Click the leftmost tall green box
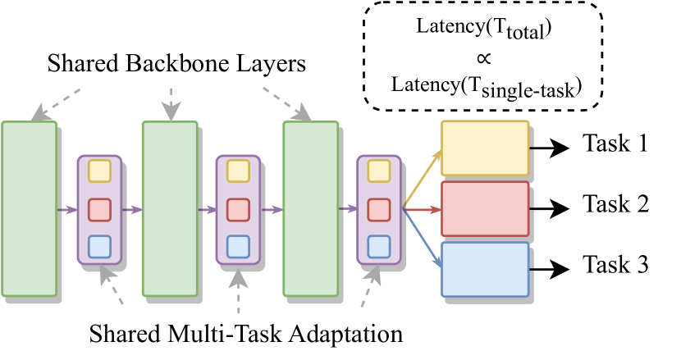pyautogui.click(x=29, y=209)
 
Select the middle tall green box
pyautogui.click(x=170, y=209)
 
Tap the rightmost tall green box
pyautogui.click(x=311, y=209)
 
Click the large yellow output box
pyautogui.click(x=485, y=148)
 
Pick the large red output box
pyautogui.click(x=485, y=209)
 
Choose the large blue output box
pyautogui.click(x=485, y=270)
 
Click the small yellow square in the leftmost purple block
pyautogui.click(x=99, y=171)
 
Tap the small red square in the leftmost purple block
pyautogui.click(x=99, y=210)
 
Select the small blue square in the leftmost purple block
pyautogui.click(x=99, y=247)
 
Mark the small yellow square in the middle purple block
pyautogui.click(x=238, y=171)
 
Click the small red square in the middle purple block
pyautogui.click(x=238, y=210)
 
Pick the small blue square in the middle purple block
pyautogui.click(x=238, y=247)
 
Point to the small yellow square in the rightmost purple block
pyautogui.click(x=379, y=171)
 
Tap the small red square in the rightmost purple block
pyautogui.click(x=379, y=210)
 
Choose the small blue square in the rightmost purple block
pyautogui.click(x=379, y=247)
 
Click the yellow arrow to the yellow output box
pyautogui.click(x=422, y=180)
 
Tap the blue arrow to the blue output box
pyautogui.click(x=422, y=238)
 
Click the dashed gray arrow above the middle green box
pyautogui.click(x=171, y=104)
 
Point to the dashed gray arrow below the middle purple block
pyautogui.click(x=239, y=291)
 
